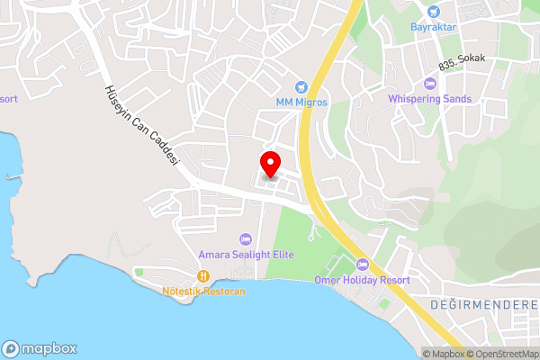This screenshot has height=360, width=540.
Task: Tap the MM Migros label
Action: coord(301,102)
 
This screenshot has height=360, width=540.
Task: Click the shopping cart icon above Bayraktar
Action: coord(435,12)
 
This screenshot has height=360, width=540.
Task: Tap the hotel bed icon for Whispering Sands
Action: coord(429,84)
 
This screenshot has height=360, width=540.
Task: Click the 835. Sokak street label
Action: coord(463,59)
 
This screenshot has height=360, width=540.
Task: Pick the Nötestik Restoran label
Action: coord(203,292)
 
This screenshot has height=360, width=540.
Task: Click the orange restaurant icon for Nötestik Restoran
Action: coord(204,276)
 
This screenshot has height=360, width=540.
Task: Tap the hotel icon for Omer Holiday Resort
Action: coord(363,265)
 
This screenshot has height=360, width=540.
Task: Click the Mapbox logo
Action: coord(40,348)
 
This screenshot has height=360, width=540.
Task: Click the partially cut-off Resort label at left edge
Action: coord(8,98)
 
